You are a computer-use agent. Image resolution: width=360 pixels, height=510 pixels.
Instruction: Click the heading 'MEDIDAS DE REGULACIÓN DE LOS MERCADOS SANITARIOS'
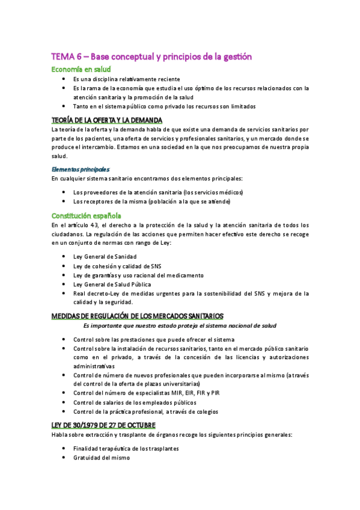(138, 316)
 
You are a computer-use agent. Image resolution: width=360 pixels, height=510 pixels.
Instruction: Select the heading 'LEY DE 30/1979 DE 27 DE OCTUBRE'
(103, 425)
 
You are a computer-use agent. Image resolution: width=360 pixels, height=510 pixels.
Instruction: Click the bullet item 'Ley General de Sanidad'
(105, 256)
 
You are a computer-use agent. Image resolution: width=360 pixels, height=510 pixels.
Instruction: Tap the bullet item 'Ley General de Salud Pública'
(112, 284)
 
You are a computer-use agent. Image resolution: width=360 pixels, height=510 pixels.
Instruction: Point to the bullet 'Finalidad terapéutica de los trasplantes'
(126, 449)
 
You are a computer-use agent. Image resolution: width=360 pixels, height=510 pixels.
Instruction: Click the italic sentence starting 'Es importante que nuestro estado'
(180, 325)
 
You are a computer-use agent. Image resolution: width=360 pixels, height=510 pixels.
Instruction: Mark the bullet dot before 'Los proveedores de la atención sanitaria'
(64, 192)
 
